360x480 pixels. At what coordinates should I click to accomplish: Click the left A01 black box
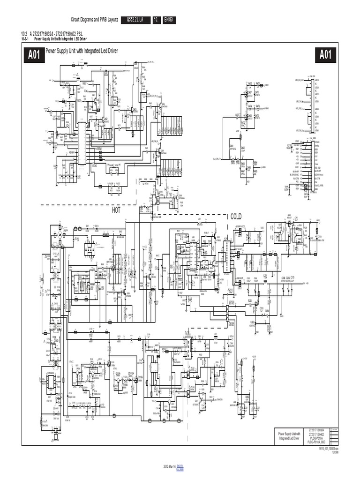tap(34, 55)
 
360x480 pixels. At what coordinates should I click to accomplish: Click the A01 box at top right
tap(325, 55)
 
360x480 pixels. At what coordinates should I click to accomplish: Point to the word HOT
tap(116, 210)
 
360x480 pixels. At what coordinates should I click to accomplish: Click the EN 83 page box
tap(169, 20)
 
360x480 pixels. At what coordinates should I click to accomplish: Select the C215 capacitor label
tap(292, 277)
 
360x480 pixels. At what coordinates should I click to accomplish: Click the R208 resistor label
tap(250, 300)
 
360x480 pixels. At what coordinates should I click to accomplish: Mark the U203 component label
tap(253, 322)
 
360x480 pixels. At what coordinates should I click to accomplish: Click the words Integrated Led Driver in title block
tap(289, 438)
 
